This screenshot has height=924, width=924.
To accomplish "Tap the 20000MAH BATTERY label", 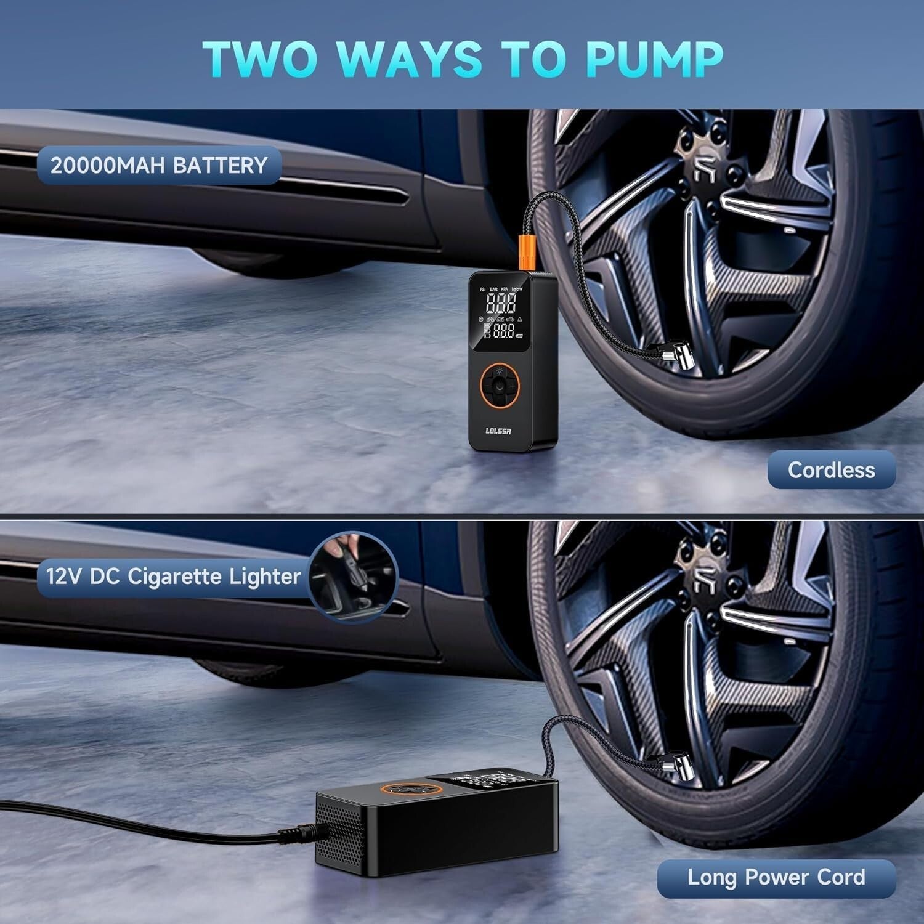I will pos(159,166).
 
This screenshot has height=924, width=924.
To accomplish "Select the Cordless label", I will pos(831,470).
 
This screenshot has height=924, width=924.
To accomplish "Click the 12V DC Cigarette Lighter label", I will pos(173,577).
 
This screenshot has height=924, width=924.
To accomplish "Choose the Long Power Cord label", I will pos(776,877).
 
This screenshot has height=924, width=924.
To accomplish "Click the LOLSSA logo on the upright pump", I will pos(498,431).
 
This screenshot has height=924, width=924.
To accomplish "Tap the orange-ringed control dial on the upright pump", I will pos(499,386).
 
